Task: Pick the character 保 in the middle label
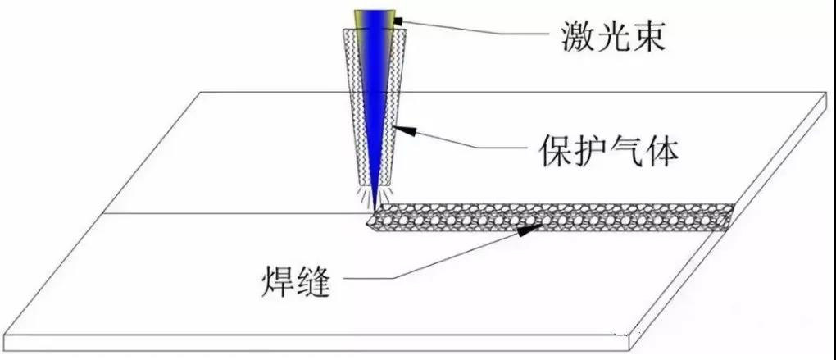(554, 150)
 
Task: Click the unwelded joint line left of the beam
(229, 214)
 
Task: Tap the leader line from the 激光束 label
(475, 32)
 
